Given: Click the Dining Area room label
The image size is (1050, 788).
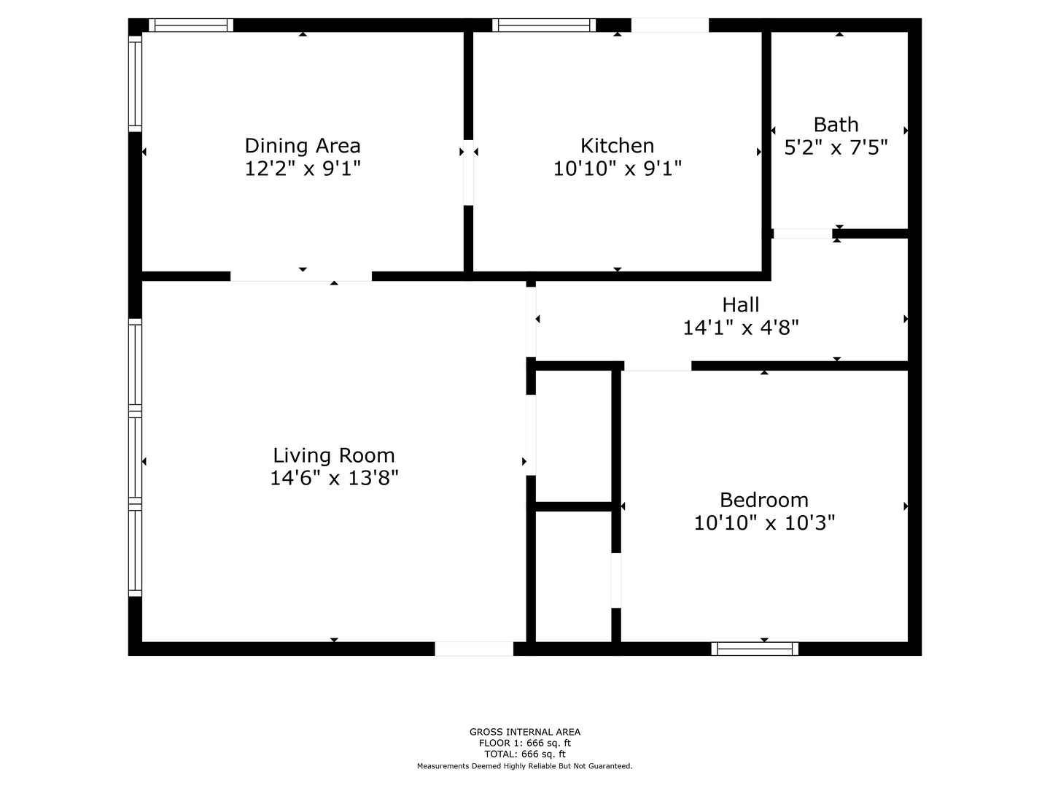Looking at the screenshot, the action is pos(303,145).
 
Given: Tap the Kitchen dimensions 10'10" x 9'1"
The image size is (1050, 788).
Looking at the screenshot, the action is pos(617,169).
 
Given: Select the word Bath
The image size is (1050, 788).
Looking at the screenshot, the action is pos(836,125).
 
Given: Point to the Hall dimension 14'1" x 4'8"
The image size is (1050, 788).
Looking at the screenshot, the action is pos(741,328).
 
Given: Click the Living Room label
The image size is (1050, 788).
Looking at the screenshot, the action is pos(334,455).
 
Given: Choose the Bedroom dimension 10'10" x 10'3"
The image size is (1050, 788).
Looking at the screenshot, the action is pos(764,523).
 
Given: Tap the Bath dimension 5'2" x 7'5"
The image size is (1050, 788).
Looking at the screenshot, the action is pos(836,147).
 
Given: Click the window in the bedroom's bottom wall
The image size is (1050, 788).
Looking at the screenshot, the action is pos(755,649).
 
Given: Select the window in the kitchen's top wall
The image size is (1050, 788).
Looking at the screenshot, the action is pos(544,25).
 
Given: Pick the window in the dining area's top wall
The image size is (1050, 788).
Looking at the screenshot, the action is pos(191,25).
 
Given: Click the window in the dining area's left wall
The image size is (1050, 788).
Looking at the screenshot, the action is pos(136,84).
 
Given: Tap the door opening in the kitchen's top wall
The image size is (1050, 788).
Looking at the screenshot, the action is pos(669,25).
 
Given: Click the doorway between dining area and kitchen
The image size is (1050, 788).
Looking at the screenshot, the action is pos(468,172).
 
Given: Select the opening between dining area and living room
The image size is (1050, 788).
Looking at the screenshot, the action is pos(301,276).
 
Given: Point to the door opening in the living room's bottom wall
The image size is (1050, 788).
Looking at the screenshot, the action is pos(473,649).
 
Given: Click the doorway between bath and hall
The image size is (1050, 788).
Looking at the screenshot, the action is pos(803,233).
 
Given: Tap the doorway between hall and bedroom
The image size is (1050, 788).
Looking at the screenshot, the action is pos(658,366).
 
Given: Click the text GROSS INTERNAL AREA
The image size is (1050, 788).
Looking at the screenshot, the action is pos(525,732).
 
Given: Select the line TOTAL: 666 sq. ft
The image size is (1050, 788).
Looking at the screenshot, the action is pos(525,754).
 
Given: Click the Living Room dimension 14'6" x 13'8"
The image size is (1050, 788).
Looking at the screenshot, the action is pos(334,478).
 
